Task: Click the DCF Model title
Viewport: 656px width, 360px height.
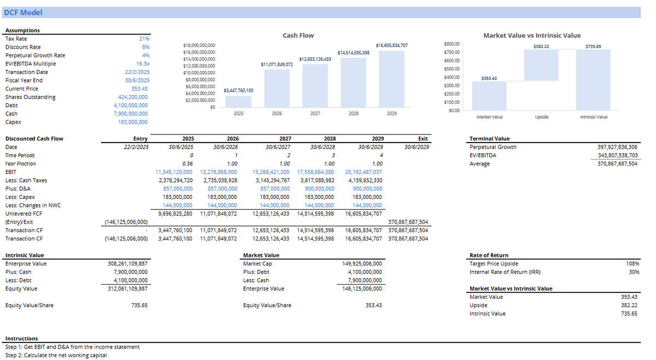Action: click(23, 13)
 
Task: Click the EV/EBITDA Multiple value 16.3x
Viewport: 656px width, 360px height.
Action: click(143, 64)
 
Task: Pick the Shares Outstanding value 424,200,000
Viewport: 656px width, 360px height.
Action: click(132, 97)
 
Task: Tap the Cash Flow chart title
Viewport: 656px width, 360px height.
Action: click(298, 36)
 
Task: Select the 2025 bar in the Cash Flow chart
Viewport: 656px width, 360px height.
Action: click(238, 102)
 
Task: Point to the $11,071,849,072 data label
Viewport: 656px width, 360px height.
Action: click(277, 64)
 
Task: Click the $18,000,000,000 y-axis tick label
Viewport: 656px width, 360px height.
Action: click(198, 45)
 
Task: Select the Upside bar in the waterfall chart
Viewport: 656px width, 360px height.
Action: click(541, 65)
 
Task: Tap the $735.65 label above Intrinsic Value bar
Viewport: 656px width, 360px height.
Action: click(593, 46)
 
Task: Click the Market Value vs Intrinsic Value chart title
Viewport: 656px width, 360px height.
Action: click(532, 36)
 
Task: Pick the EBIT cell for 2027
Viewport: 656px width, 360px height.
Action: click(271, 172)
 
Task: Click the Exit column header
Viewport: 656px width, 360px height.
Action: click(423, 139)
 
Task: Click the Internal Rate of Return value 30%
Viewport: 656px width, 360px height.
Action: click(634, 272)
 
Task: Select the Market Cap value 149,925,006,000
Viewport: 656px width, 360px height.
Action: click(362, 264)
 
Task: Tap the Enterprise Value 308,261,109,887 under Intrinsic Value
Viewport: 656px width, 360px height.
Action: click(127, 264)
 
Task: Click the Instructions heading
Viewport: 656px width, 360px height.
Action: click(22, 339)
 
